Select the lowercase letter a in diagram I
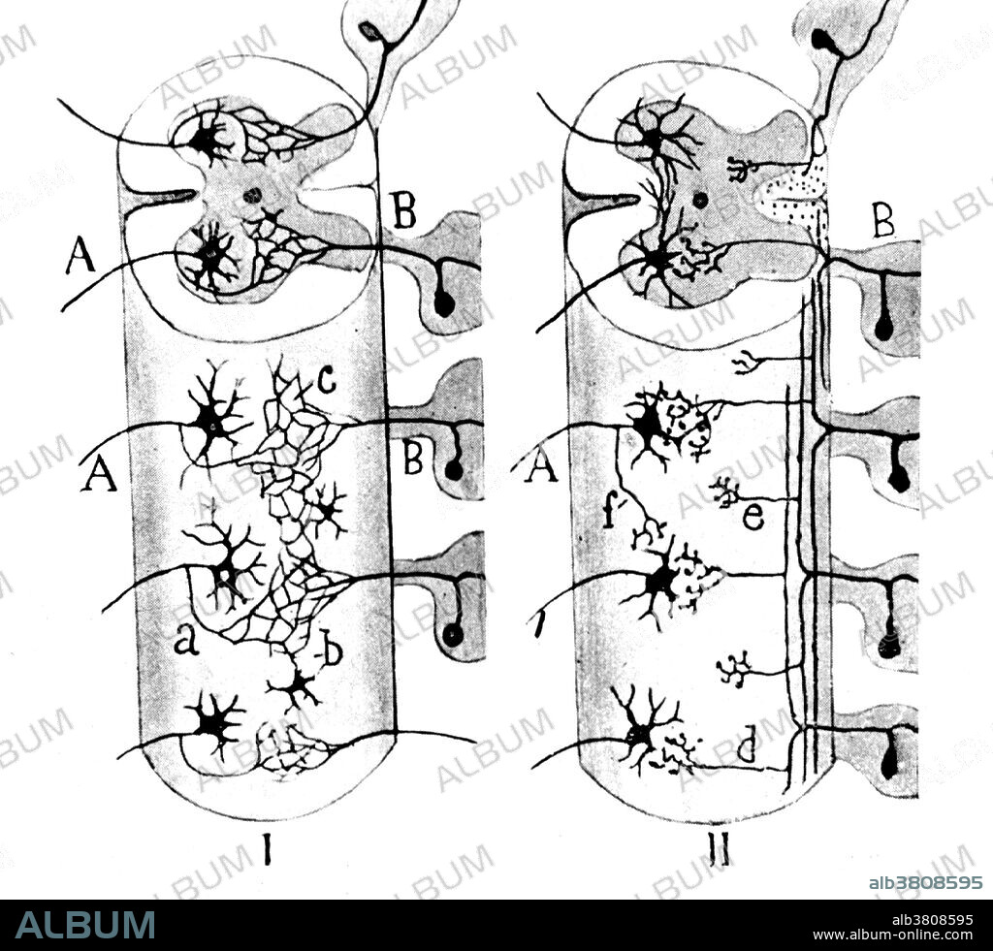(187, 640)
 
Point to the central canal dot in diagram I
(253, 195)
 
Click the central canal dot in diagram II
(700, 201)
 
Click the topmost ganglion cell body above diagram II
(822, 41)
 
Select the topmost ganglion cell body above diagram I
(369, 32)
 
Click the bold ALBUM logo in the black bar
(85, 925)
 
